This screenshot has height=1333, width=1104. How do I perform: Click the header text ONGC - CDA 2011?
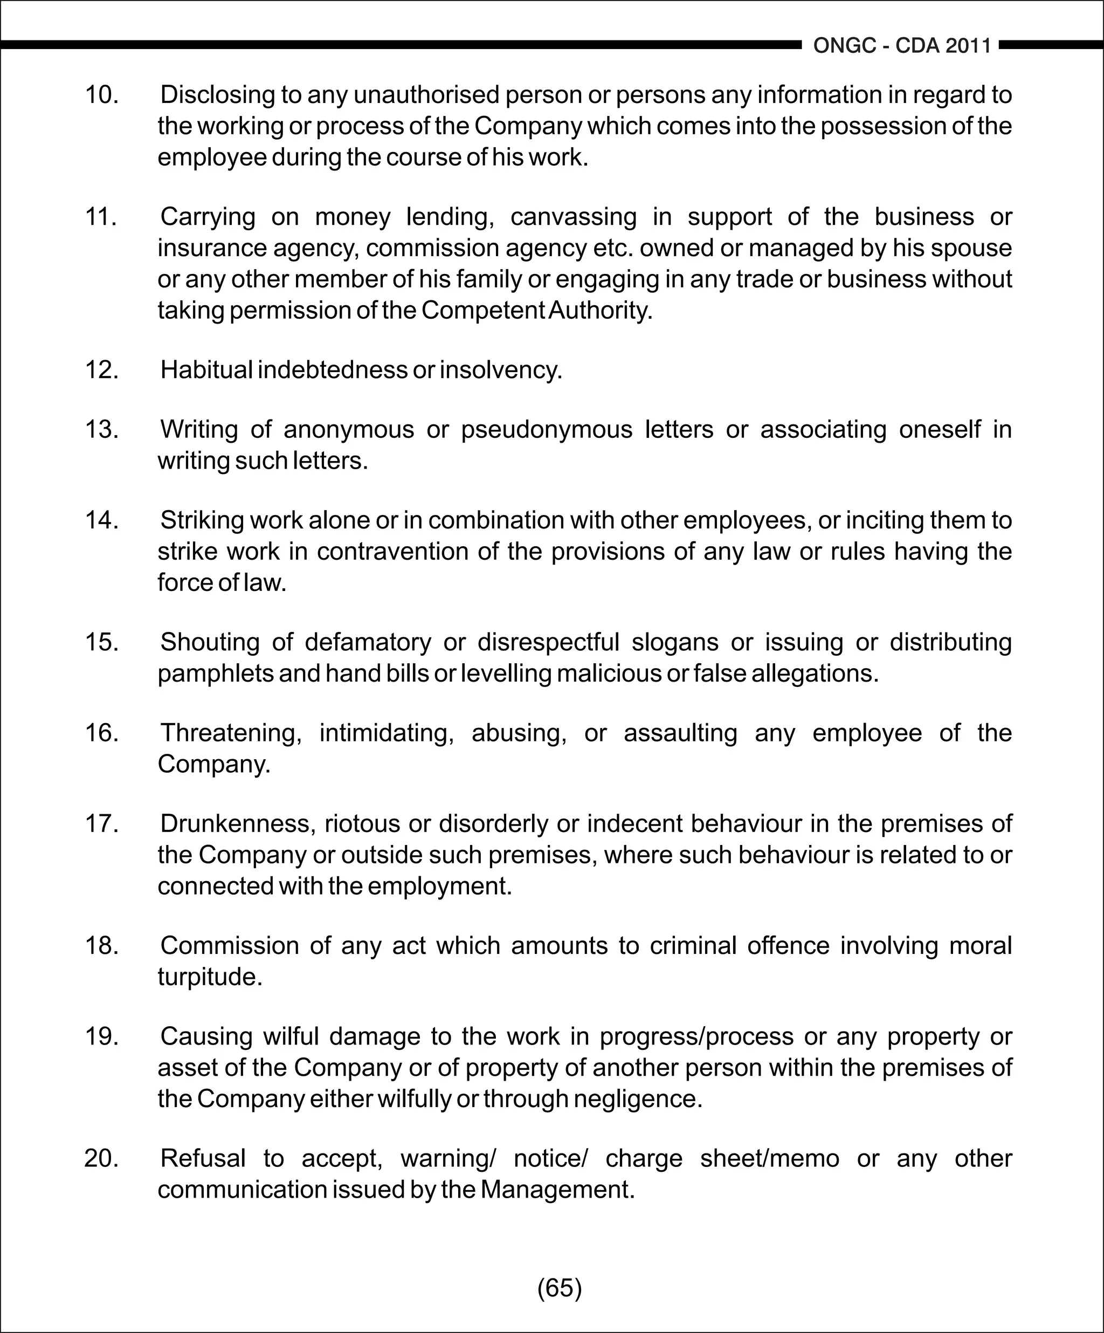(x=902, y=46)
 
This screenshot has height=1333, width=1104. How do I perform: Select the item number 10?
(x=101, y=94)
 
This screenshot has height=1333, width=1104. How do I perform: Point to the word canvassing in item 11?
(x=573, y=216)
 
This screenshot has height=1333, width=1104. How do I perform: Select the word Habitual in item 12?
(x=206, y=369)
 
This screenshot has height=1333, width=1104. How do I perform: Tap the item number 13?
(x=101, y=429)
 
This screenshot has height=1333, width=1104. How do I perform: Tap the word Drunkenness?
(x=238, y=823)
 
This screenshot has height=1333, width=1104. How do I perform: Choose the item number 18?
(x=101, y=945)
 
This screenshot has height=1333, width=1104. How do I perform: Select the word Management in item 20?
(x=557, y=1189)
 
